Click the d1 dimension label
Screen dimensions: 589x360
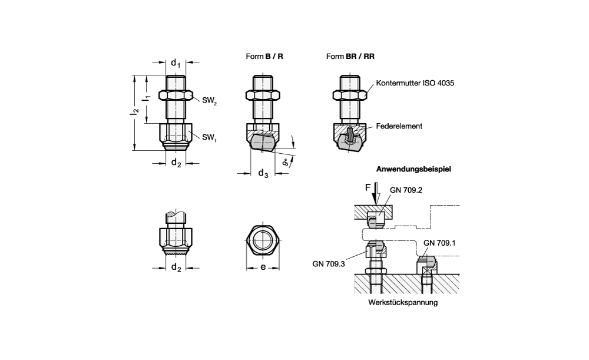(x=176, y=63)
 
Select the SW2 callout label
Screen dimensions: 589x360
(x=209, y=101)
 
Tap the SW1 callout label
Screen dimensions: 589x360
(x=209, y=137)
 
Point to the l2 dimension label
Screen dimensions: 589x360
(x=135, y=111)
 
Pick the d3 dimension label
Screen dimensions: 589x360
(x=263, y=173)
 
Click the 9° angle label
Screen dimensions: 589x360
(x=287, y=163)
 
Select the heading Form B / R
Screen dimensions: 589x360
(x=264, y=57)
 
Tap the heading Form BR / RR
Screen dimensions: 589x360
(x=350, y=57)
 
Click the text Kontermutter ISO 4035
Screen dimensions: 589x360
(x=415, y=82)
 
